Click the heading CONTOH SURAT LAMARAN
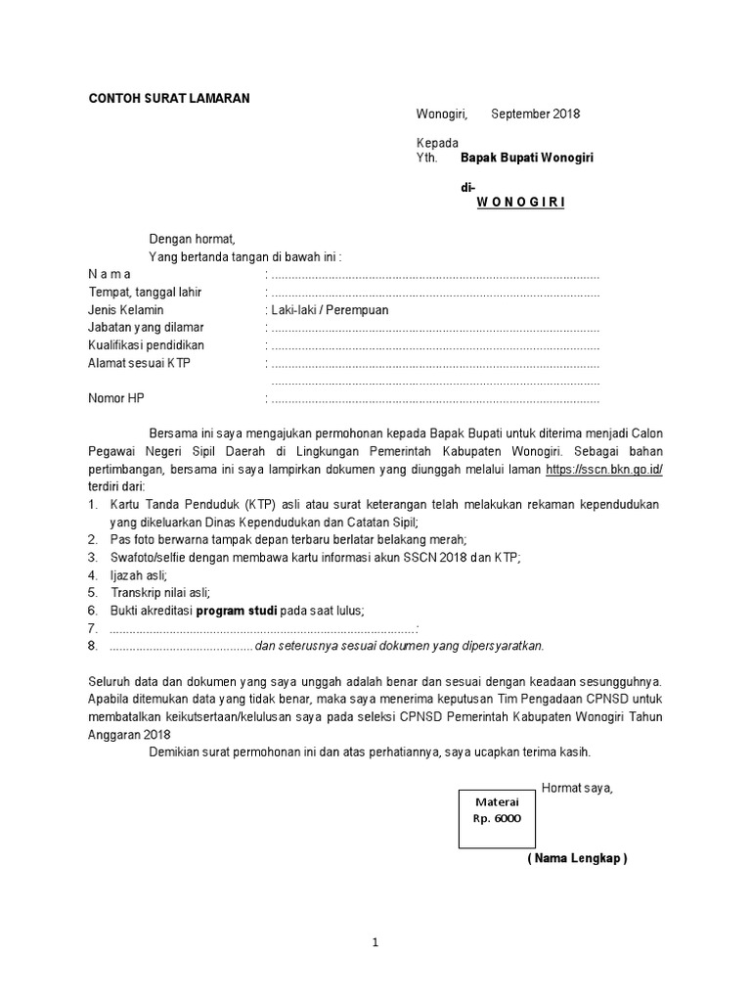[169, 98]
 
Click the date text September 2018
[535, 114]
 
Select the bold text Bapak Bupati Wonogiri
[527, 158]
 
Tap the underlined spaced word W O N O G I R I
[520, 203]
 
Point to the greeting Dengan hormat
[192, 239]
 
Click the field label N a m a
[110, 274]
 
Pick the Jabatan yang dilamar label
[146, 328]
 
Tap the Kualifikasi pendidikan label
[147, 345]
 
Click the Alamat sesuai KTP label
[139, 363]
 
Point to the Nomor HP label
[115, 398]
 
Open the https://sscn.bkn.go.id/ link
[604, 470]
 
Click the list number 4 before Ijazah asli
[92, 575]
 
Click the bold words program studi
[238, 611]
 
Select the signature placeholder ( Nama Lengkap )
[577, 858]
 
